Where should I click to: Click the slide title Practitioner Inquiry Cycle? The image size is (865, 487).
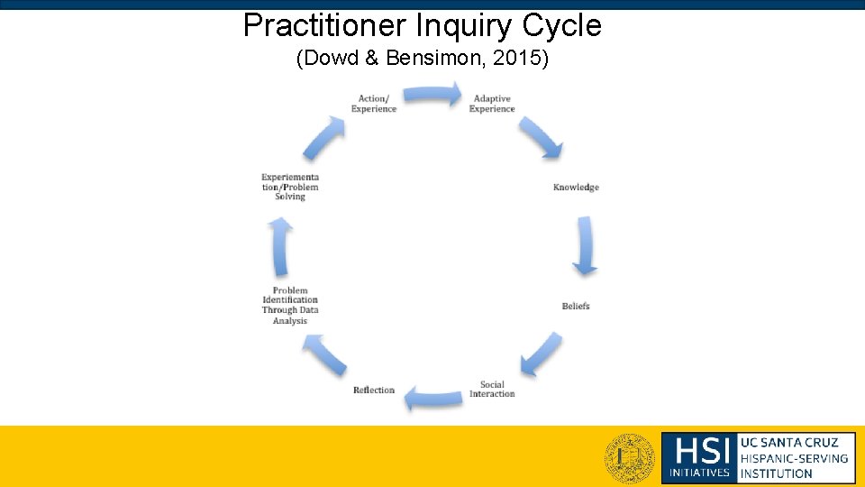coord(422,25)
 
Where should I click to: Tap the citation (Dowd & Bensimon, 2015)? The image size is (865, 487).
coord(422,60)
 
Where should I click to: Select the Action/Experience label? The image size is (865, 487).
coord(373,104)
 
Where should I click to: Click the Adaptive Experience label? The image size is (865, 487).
coord(492,104)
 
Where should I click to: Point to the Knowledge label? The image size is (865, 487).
coord(576,188)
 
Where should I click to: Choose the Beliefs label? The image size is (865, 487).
coord(576,307)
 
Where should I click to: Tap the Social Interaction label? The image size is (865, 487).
coord(492,390)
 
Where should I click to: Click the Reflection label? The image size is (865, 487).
coord(374,391)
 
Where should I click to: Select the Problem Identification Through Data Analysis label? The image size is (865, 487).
coord(290,306)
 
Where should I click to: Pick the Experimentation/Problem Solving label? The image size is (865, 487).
coord(290,187)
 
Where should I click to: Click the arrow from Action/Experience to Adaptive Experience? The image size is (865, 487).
coord(432,95)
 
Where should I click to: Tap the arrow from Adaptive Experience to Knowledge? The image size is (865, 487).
coord(541,136)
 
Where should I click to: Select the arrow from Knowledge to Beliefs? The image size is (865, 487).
coord(586,244)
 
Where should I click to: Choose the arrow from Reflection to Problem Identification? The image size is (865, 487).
coord(324,354)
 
